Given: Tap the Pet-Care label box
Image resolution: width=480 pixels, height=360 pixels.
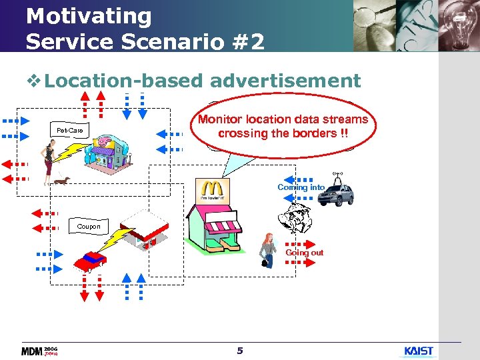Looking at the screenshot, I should tap(70, 131).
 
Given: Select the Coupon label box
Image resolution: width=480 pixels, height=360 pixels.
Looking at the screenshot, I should tap(88, 227).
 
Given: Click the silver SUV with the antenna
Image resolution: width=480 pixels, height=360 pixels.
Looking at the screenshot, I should tap(336, 193).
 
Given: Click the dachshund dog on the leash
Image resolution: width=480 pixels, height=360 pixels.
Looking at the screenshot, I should tap(61, 180).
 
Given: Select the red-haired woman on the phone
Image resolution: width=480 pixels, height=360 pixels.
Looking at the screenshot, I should tap(268, 251).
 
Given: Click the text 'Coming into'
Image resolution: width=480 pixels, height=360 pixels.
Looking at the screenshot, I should tap(301, 187).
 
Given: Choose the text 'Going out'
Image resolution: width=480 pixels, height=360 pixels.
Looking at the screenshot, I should tap(304, 253).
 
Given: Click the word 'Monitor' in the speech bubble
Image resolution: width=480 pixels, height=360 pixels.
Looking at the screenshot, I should tap(223, 119).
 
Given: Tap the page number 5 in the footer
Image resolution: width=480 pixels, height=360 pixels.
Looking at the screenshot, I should tap(240, 351).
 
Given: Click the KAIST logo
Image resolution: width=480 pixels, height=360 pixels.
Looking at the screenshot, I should tap(419, 351).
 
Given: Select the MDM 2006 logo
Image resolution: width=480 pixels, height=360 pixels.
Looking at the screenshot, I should tap(39, 351).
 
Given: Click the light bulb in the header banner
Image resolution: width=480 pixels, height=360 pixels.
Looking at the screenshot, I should tap(457, 23).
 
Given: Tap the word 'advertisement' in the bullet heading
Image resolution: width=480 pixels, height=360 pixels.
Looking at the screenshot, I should tap(285, 81).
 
